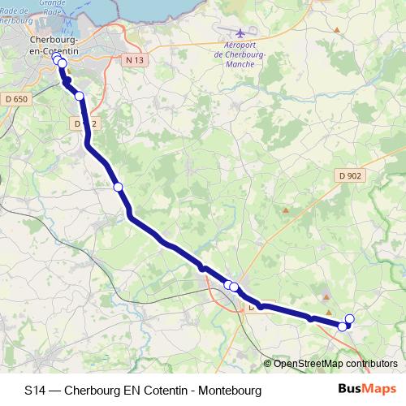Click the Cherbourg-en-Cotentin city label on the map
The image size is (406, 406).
(x=53, y=45)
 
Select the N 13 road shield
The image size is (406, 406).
(x=134, y=60)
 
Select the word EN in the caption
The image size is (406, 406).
(x=133, y=390)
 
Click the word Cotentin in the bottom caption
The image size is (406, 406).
(x=168, y=390)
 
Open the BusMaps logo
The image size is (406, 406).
(x=367, y=389)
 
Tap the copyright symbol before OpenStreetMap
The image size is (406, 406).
(x=268, y=364)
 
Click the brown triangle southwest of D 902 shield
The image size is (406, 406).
(x=285, y=210)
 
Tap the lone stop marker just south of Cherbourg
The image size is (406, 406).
(x=79, y=96)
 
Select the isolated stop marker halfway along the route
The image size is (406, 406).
(x=118, y=187)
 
